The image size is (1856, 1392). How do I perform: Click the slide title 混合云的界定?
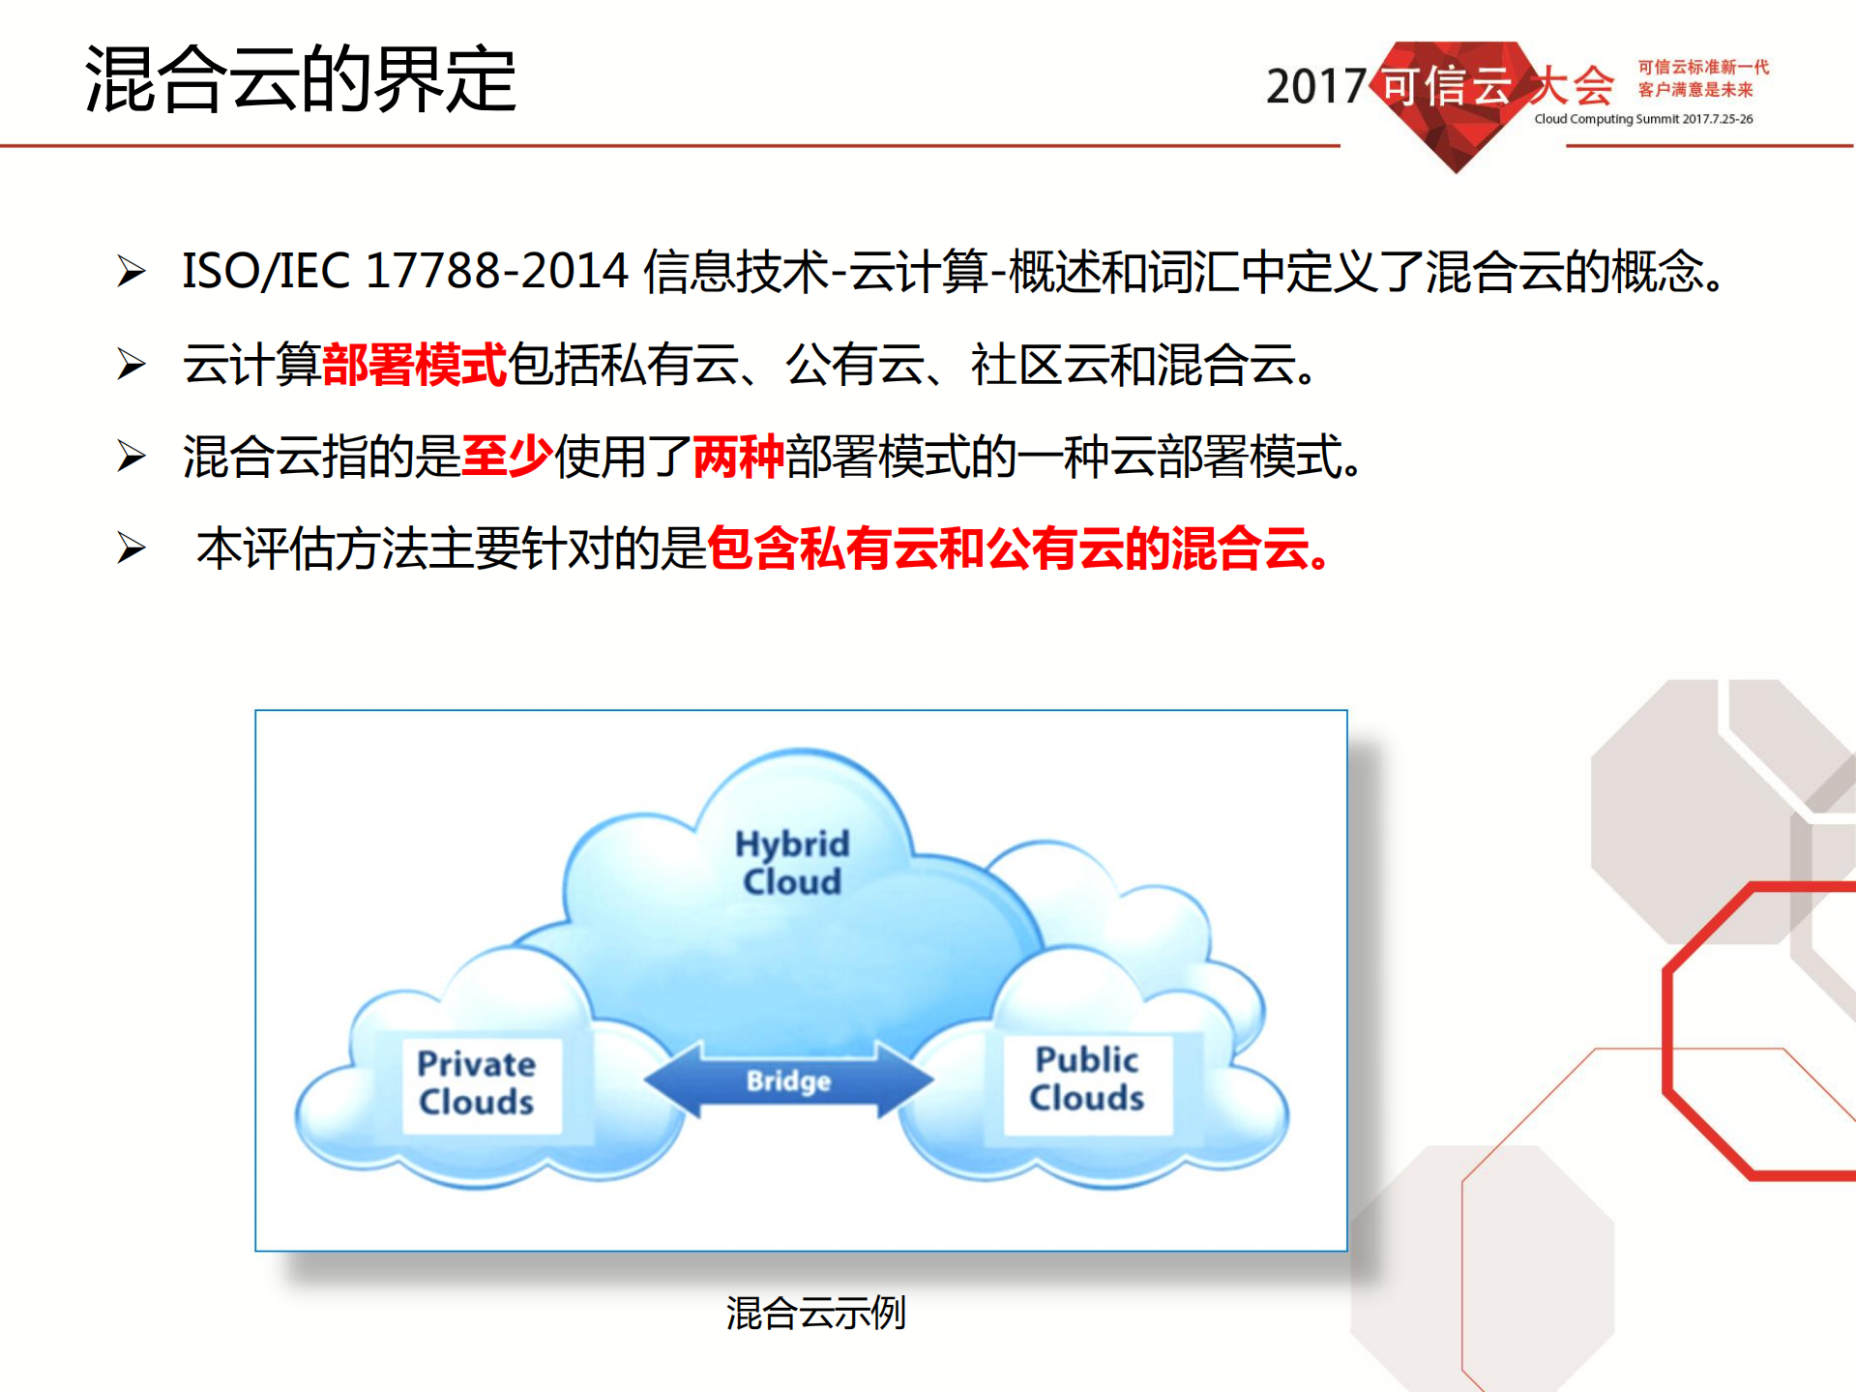pyautogui.click(x=300, y=79)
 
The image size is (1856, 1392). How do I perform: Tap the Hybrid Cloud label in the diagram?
pyautogui.click(x=792, y=862)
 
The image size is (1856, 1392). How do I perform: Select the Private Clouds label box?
pyautogui.click(x=477, y=1083)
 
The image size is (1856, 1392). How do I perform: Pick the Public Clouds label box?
pyautogui.click(x=1087, y=1080)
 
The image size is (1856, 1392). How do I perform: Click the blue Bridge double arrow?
pyautogui.click(x=788, y=1081)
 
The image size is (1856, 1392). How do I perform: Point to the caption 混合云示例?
pyautogui.click(x=815, y=1313)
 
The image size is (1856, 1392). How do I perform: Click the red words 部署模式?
pyautogui.click(x=414, y=365)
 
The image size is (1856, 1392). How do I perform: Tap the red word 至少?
pyautogui.click(x=507, y=457)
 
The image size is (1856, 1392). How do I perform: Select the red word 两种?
pyautogui.click(x=738, y=457)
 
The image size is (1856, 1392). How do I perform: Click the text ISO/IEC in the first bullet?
pyautogui.click(x=265, y=271)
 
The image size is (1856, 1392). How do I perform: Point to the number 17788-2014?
pyautogui.click(x=497, y=271)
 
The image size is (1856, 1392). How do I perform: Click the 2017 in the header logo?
pyautogui.click(x=1315, y=87)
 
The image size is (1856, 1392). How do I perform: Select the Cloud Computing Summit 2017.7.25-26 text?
pyautogui.click(x=1643, y=119)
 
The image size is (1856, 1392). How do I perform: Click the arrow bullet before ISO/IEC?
pyautogui.click(x=131, y=271)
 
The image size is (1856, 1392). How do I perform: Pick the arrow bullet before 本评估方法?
pyautogui.click(x=131, y=548)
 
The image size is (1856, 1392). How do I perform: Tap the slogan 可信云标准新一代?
pyautogui.click(x=1702, y=67)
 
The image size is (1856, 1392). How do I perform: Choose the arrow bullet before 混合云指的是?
pyautogui.click(x=131, y=457)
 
